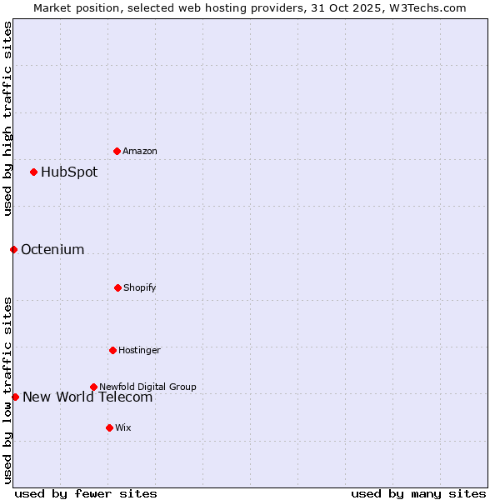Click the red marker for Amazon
[117, 151]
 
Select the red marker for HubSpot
[33, 172]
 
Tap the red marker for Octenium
[13, 249]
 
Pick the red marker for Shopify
[117, 287]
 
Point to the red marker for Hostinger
[112, 350]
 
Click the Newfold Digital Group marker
[93, 387]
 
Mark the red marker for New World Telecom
[15, 397]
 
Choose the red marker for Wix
[109, 427]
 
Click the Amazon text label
[140, 151]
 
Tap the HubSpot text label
[69, 172]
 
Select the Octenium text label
[52, 250]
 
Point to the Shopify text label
[140, 287]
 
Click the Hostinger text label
[139, 350]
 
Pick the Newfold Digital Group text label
[147, 387]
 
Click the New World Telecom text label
[87, 397]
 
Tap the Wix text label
[123, 427]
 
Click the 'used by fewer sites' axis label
[86, 493]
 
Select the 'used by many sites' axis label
[418, 493]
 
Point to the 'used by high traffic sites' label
[7, 118]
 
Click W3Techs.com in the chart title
[426, 7]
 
